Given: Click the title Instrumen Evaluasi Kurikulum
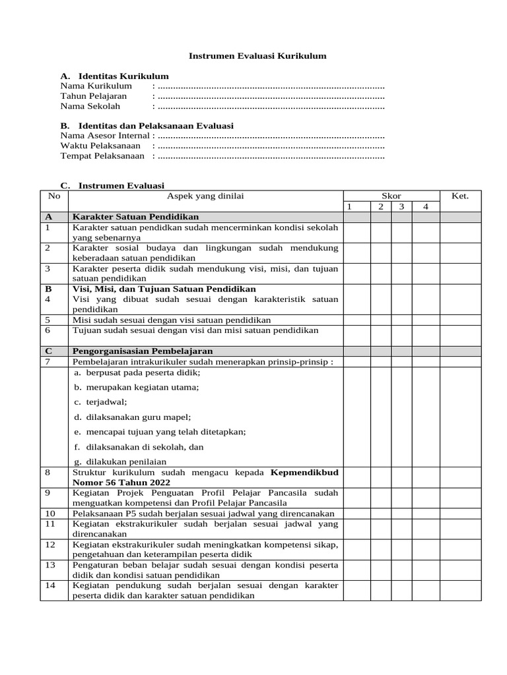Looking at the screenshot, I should pyautogui.click(x=257, y=57).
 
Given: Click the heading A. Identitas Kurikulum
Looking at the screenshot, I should pyautogui.click(x=114, y=76).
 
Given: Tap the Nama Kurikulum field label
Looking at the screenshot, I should pyautogui.click(x=96, y=86).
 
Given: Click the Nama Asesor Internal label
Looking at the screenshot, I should pyautogui.click(x=105, y=136).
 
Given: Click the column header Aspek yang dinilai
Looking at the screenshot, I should pyautogui.click(x=205, y=196).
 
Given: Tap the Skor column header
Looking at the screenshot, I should pyautogui.click(x=391, y=196).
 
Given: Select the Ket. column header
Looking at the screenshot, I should pyautogui.click(x=460, y=196).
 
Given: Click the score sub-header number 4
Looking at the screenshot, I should pyautogui.click(x=426, y=207).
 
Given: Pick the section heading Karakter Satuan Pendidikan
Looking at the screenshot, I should pyautogui.click(x=135, y=217).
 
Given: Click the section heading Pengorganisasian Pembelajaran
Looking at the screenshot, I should pyautogui.click(x=143, y=351).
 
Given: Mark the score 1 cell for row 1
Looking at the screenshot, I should pyautogui.click(x=356, y=233).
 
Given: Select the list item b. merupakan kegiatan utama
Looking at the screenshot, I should pyautogui.click(x=137, y=387).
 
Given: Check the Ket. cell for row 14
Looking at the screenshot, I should pyautogui.click(x=460, y=591).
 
